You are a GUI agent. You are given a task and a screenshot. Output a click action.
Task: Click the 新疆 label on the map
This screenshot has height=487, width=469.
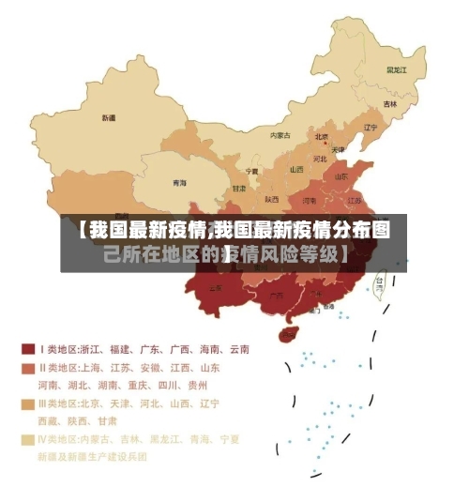tap(108, 119)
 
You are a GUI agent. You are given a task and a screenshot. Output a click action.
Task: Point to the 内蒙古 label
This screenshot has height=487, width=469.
tap(280, 136)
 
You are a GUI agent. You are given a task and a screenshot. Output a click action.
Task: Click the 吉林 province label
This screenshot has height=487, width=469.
tap(389, 104)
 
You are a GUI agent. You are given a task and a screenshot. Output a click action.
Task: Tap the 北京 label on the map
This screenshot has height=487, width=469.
tap(322, 136)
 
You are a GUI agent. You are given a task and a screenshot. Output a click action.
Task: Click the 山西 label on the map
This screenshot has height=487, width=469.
tap(296, 170)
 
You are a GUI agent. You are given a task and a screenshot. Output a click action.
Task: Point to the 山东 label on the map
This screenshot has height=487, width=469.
tap(340, 175)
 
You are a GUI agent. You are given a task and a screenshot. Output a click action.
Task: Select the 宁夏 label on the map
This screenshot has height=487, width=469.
tap(251, 172)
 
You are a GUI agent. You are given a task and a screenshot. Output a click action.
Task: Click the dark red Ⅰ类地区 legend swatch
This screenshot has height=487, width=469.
tap(28, 349)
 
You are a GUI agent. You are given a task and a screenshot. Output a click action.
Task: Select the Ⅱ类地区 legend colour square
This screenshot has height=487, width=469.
tap(28, 367)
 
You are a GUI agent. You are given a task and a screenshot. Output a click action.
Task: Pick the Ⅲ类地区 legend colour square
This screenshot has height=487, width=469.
tap(28, 403)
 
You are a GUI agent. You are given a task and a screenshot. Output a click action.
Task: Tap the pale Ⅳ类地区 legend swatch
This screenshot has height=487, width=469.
tap(28, 438)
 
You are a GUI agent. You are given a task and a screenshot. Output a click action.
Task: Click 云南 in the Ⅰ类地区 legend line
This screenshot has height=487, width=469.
tap(237, 349)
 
